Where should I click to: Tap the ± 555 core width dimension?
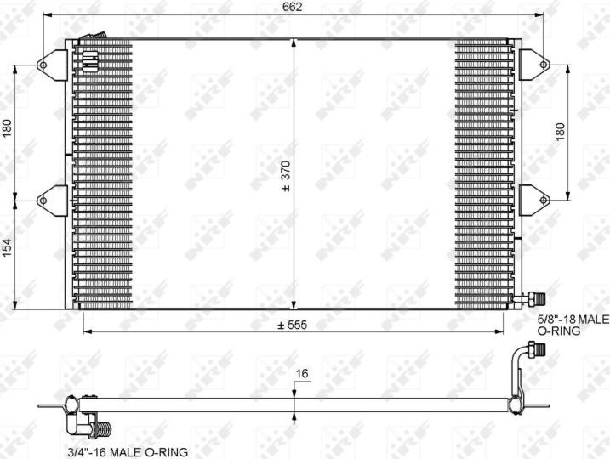[x=292, y=324]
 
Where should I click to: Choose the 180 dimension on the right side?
[x=559, y=132]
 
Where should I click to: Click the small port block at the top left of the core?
[x=90, y=59]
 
